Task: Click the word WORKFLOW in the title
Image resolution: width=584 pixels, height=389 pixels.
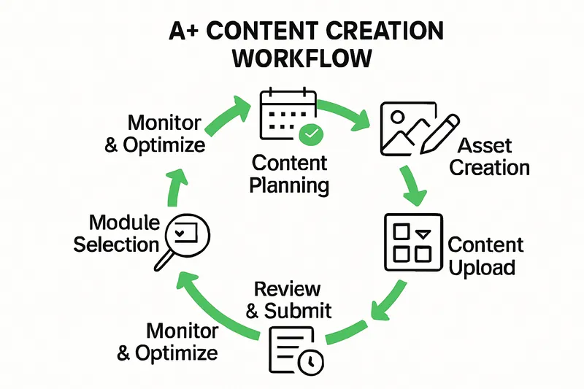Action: coord(291,58)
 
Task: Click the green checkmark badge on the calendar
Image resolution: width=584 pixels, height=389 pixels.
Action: coord(310,134)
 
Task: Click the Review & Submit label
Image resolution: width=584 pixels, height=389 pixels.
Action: coord(288,299)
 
